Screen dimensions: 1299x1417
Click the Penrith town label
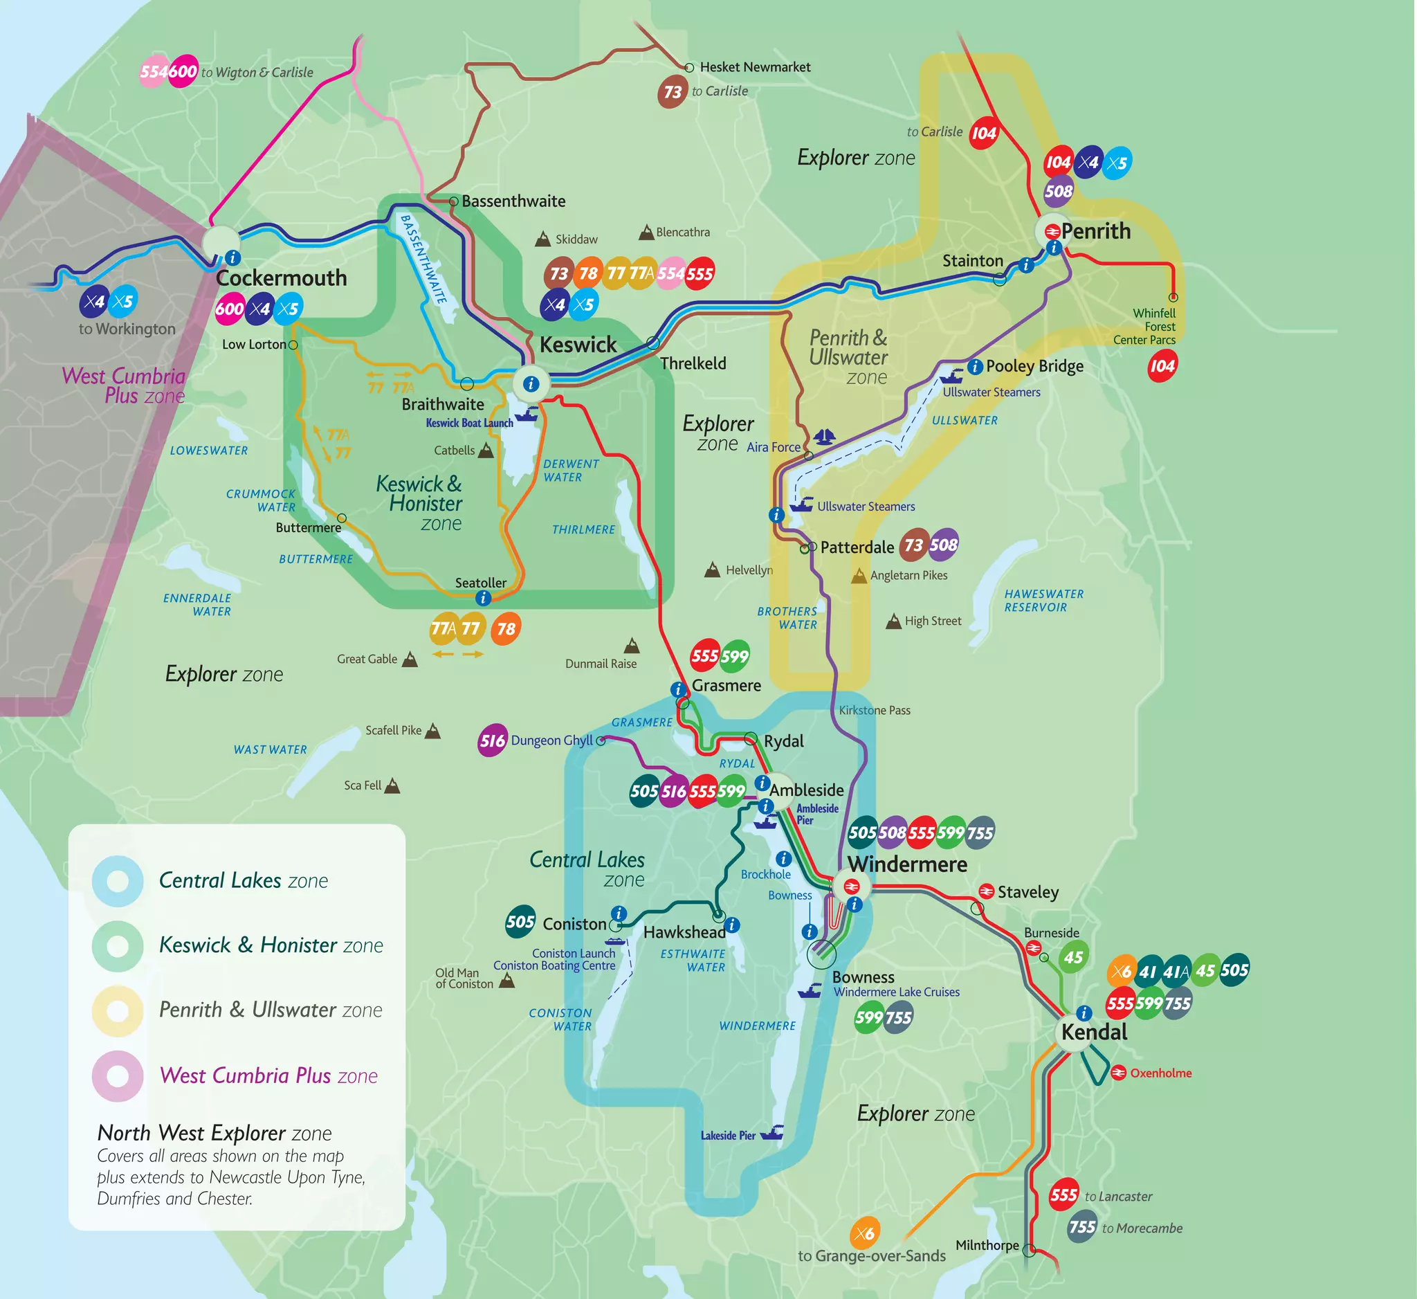click(1095, 231)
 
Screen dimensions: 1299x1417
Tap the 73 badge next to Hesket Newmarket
click(672, 92)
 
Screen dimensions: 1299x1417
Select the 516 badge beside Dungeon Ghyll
click(492, 741)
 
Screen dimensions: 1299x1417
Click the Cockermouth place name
click(281, 278)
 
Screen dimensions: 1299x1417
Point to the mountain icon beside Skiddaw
click(542, 239)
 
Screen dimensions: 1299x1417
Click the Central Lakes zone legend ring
click(118, 881)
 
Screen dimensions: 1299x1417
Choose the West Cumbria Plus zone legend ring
click(118, 1075)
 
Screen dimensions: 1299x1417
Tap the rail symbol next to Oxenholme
click(1118, 1073)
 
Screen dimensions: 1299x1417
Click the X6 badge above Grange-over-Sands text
click(865, 1233)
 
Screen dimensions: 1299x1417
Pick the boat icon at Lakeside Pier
click(772, 1132)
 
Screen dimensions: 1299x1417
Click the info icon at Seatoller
click(483, 598)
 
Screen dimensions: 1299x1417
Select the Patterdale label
click(857, 547)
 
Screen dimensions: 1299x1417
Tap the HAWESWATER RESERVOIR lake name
click(1043, 601)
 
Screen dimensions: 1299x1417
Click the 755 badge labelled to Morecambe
click(1081, 1226)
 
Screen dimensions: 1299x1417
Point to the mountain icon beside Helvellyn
click(712, 570)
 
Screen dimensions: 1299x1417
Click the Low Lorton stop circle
click(293, 345)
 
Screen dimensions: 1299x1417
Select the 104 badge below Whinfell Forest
click(1162, 366)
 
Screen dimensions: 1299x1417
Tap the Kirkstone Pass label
click(874, 711)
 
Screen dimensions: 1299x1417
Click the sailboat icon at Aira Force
click(824, 437)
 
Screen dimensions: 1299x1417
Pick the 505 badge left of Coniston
click(520, 922)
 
